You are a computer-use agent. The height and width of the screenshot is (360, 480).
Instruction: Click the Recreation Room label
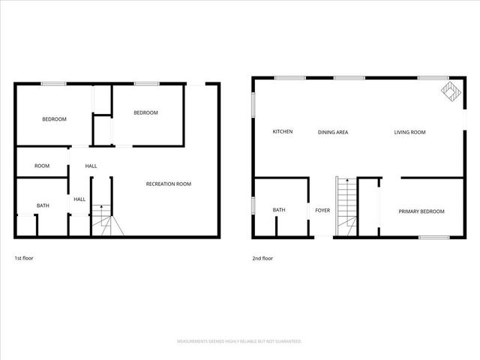168,184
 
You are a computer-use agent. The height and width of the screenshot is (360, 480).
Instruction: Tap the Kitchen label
282,132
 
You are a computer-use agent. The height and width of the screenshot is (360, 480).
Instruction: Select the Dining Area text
332,132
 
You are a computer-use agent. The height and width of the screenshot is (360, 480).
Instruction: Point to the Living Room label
410,132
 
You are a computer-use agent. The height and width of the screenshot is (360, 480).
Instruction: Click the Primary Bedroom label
421,211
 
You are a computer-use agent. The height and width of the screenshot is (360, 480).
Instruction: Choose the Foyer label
322,211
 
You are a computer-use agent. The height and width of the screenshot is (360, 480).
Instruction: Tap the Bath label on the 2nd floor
279,210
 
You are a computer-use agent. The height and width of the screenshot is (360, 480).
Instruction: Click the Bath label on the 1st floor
43,205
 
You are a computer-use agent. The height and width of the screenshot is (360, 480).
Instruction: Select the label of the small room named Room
42,166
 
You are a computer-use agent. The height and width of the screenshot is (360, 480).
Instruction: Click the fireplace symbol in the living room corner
449,91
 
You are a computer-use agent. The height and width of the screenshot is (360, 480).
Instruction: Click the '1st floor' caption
24,258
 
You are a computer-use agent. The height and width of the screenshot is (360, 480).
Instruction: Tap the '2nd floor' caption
262,258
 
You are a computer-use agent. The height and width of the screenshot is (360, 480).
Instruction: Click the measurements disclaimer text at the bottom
239,341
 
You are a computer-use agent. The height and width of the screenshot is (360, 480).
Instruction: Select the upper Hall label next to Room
91,166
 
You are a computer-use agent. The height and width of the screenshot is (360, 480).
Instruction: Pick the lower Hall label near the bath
79,199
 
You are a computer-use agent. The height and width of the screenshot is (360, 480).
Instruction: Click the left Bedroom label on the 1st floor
54,119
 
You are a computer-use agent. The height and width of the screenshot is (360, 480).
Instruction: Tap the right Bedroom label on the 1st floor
145,112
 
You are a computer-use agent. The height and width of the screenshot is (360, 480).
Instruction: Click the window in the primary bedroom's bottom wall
433,238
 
